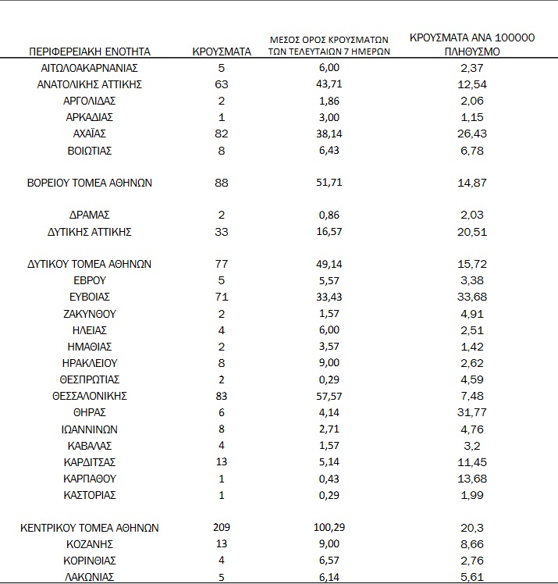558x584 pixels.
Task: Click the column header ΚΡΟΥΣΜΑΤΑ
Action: pyautogui.click(x=222, y=52)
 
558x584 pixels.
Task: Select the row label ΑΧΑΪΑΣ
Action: pyautogui.click(x=89, y=134)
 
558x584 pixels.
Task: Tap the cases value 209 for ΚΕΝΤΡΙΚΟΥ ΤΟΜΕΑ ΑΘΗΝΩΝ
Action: pyautogui.click(x=222, y=528)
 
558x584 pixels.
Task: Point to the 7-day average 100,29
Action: pyautogui.click(x=329, y=528)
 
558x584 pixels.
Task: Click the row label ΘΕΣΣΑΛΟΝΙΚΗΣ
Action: pyautogui.click(x=89, y=396)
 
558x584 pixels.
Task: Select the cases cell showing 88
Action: pyautogui.click(x=222, y=183)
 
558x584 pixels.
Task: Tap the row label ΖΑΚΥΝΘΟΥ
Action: pyautogui.click(x=89, y=314)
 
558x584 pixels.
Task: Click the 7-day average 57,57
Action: pyautogui.click(x=329, y=396)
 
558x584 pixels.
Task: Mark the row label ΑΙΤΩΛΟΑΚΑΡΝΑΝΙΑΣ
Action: pyautogui.click(x=89, y=68)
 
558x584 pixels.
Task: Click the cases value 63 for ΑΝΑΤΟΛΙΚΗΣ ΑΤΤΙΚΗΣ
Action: pyautogui.click(x=222, y=84)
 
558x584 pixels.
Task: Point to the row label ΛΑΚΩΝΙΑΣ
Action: pyautogui.click(x=89, y=577)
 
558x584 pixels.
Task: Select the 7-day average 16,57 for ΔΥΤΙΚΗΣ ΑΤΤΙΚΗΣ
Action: pyautogui.click(x=329, y=232)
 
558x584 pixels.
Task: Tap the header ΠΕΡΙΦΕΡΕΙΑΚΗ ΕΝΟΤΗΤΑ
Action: pyautogui.click(x=89, y=52)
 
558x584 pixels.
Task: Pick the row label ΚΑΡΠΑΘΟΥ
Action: pyautogui.click(x=89, y=478)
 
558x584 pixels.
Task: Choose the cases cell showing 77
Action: pyautogui.click(x=222, y=265)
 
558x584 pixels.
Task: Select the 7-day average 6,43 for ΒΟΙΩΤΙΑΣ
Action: pyautogui.click(x=329, y=150)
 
